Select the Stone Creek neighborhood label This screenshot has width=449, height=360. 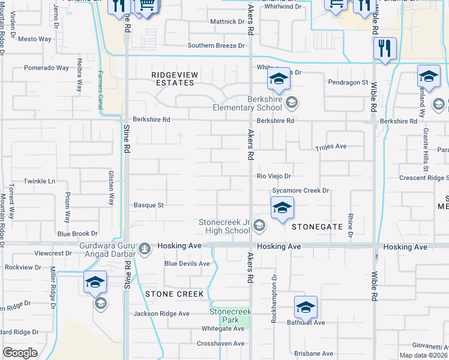pyautogui.click(x=174, y=294)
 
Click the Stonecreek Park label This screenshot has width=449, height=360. pyautogui.click(x=230, y=316)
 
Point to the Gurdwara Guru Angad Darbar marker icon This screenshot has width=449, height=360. pyautogui.click(x=144, y=248)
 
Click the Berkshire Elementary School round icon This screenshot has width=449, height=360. pyautogui.click(x=291, y=101)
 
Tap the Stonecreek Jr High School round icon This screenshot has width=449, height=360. pyautogui.click(x=259, y=226)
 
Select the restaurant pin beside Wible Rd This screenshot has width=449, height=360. pyautogui.click(x=384, y=48)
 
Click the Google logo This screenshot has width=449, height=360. pyautogui.click(x=20, y=352)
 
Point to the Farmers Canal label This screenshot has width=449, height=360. pyautogui.click(x=100, y=83)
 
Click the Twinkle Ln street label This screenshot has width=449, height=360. pyautogui.click(x=39, y=181)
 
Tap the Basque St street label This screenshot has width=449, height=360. pyautogui.click(x=149, y=205)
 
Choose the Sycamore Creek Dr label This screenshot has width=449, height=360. pyautogui.click(x=301, y=190)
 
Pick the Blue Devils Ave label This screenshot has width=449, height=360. pyautogui.click(x=187, y=263)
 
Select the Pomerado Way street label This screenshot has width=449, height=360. pyautogui.click(x=46, y=68)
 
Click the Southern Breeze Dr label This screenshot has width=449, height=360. pyautogui.click(x=217, y=46)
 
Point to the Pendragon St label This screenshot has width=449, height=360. pyautogui.click(x=348, y=82)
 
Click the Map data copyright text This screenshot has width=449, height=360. pyautogui.click(x=424, y=355)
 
